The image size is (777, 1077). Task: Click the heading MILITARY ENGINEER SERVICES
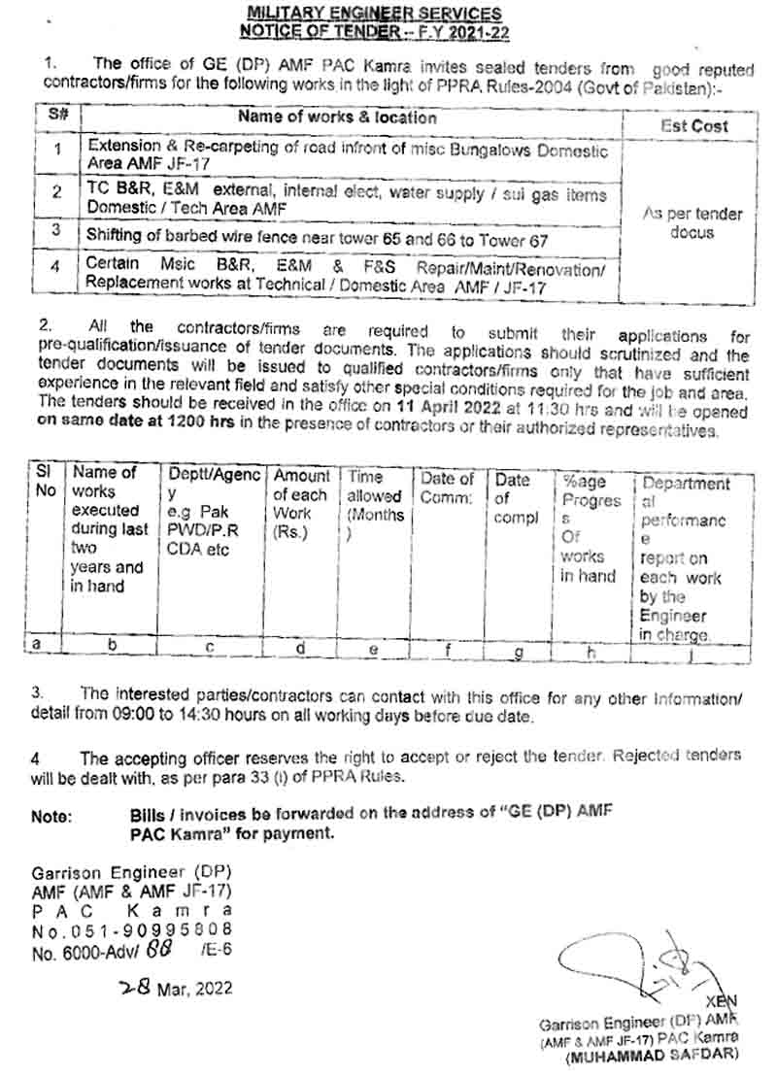(374, 14)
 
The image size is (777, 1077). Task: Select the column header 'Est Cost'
(693, 125)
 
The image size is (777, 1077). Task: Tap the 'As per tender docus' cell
(693, 222)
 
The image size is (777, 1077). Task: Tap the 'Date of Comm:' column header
(447, 488)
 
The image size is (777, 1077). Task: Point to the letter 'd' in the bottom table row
(302, 648)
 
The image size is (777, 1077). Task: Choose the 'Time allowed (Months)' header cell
(376, 505)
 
